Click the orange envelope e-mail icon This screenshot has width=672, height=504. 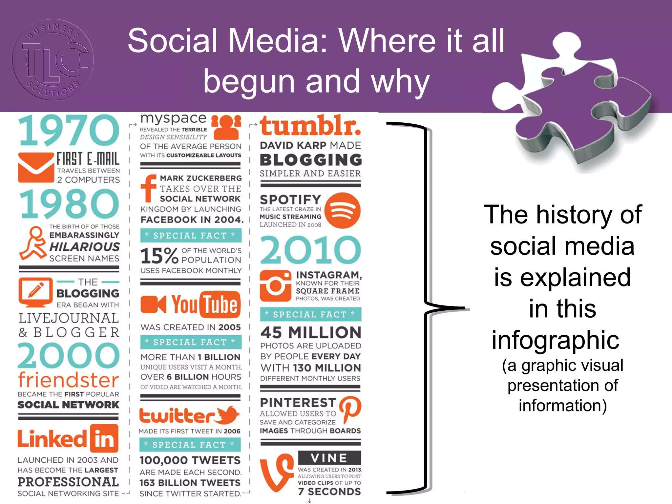point(36,167)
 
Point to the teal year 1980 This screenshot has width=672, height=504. point(69,204)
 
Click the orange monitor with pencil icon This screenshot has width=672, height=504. point(35,292)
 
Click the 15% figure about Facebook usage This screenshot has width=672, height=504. point(159,256)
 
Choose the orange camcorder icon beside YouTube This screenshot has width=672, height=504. point(153,304)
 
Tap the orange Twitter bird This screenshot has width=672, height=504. point(228,415)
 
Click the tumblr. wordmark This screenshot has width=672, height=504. point(310,126)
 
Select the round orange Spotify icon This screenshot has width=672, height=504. point(343,210)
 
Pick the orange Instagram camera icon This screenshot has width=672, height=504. point(275,286)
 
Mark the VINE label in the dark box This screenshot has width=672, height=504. point(329,458)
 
